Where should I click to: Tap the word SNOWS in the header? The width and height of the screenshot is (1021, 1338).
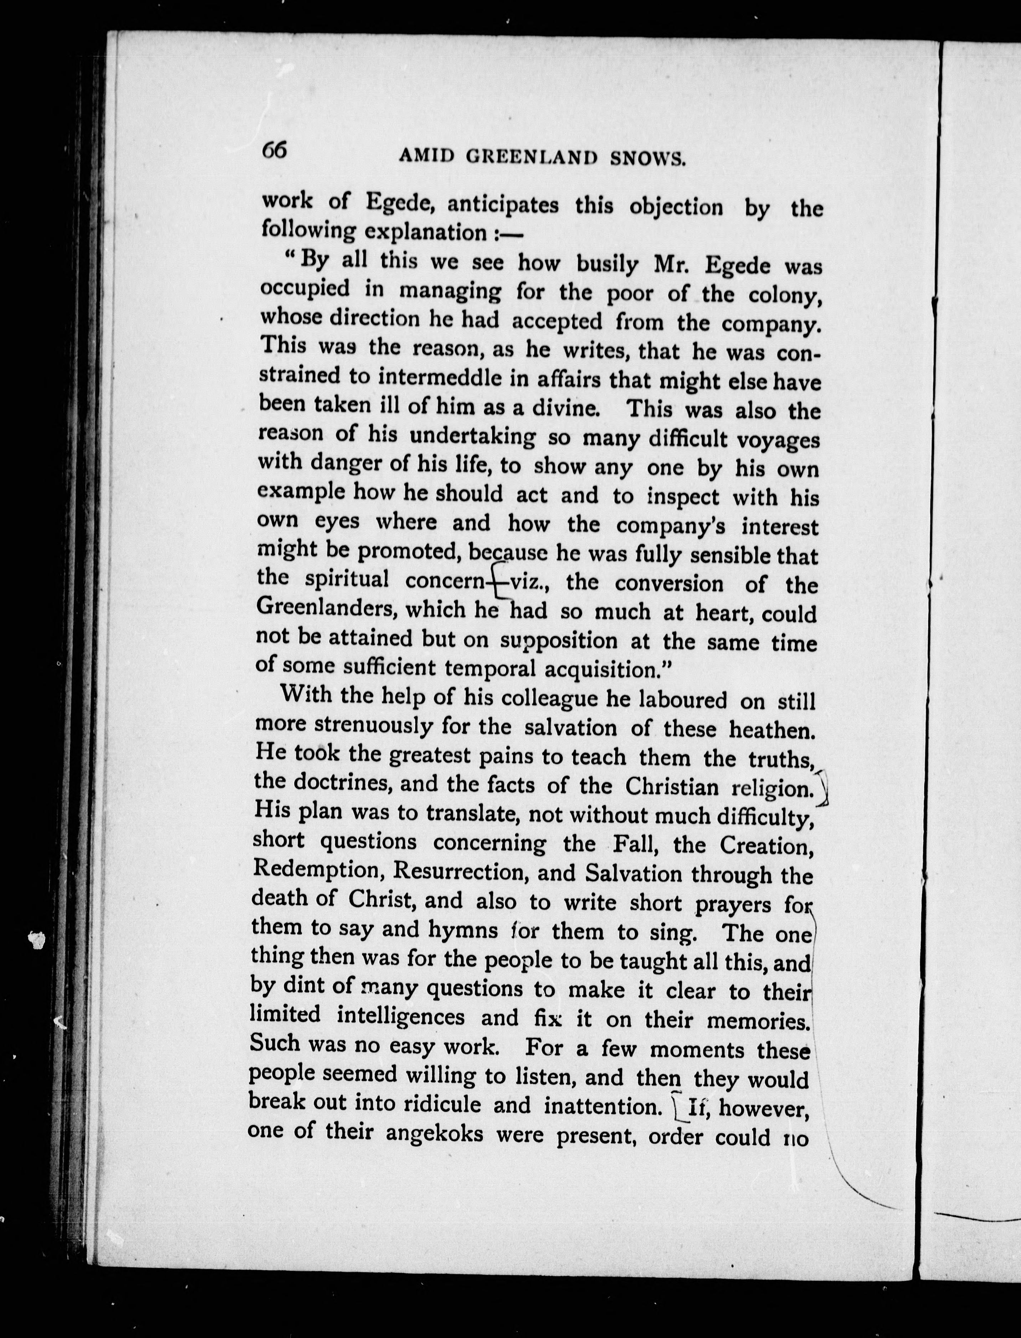tap(648, 159)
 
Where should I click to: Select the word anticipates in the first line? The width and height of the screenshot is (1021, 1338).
tap(503, 204)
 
